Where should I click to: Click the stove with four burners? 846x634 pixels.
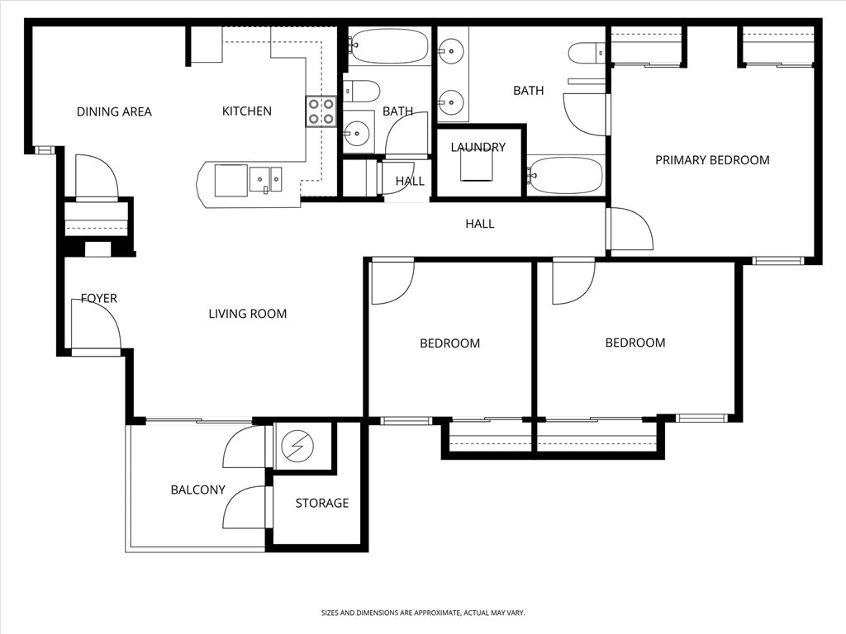pos(321,111)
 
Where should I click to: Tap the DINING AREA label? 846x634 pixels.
pos(114,112)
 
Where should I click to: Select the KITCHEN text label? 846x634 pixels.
pos(246,111)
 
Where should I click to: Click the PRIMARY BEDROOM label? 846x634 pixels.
pos(712,160)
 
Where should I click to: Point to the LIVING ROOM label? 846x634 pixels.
pos(248,314)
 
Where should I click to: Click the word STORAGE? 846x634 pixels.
pos(322,503)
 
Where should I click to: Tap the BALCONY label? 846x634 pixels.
pos(198,490)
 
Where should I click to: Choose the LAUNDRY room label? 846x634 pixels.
pos(478,147)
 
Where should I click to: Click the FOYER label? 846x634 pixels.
pos(99,298)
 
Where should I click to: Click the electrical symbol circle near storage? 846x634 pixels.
pos(297,446)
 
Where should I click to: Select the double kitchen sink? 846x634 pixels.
pos(265,179)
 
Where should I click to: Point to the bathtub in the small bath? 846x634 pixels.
pos(389,46)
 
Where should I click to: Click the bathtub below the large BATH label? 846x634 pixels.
pos(565,175)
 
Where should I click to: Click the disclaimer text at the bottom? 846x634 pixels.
pos(423,613)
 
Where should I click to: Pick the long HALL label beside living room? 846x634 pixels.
pos(480,224)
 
